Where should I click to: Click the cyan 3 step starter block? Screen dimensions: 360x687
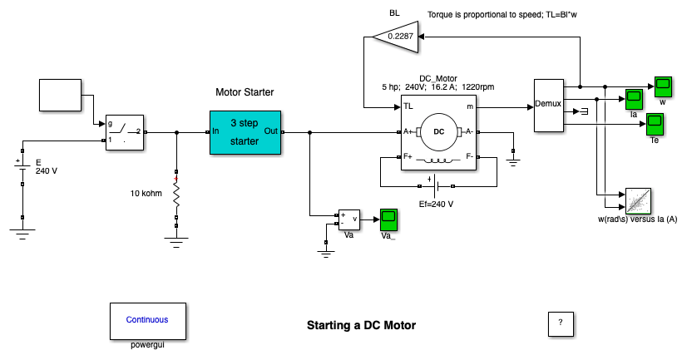coord(245,132)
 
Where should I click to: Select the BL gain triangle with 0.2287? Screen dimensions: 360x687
coord(394,37)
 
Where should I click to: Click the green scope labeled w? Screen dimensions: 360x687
coord(662,86)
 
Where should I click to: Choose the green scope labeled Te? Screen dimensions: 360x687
coord(655,125)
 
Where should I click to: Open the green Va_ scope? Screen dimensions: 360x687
coord(388,219)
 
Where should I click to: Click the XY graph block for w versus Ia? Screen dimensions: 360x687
coord(637,200)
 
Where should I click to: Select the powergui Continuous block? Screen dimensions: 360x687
coord(146,320)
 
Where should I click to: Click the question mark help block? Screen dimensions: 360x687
coord(561,323)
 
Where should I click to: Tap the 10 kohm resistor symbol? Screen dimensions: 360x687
coord(176,196)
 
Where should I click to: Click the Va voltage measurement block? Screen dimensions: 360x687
coord(348,219)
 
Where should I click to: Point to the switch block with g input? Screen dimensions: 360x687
coord(124,132)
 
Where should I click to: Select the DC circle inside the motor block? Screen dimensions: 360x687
coord(438,131)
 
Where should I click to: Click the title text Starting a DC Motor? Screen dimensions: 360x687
coord(361,325)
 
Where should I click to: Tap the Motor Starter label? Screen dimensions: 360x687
coord(245,92)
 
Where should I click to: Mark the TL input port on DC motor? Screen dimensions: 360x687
coord(408,107)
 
